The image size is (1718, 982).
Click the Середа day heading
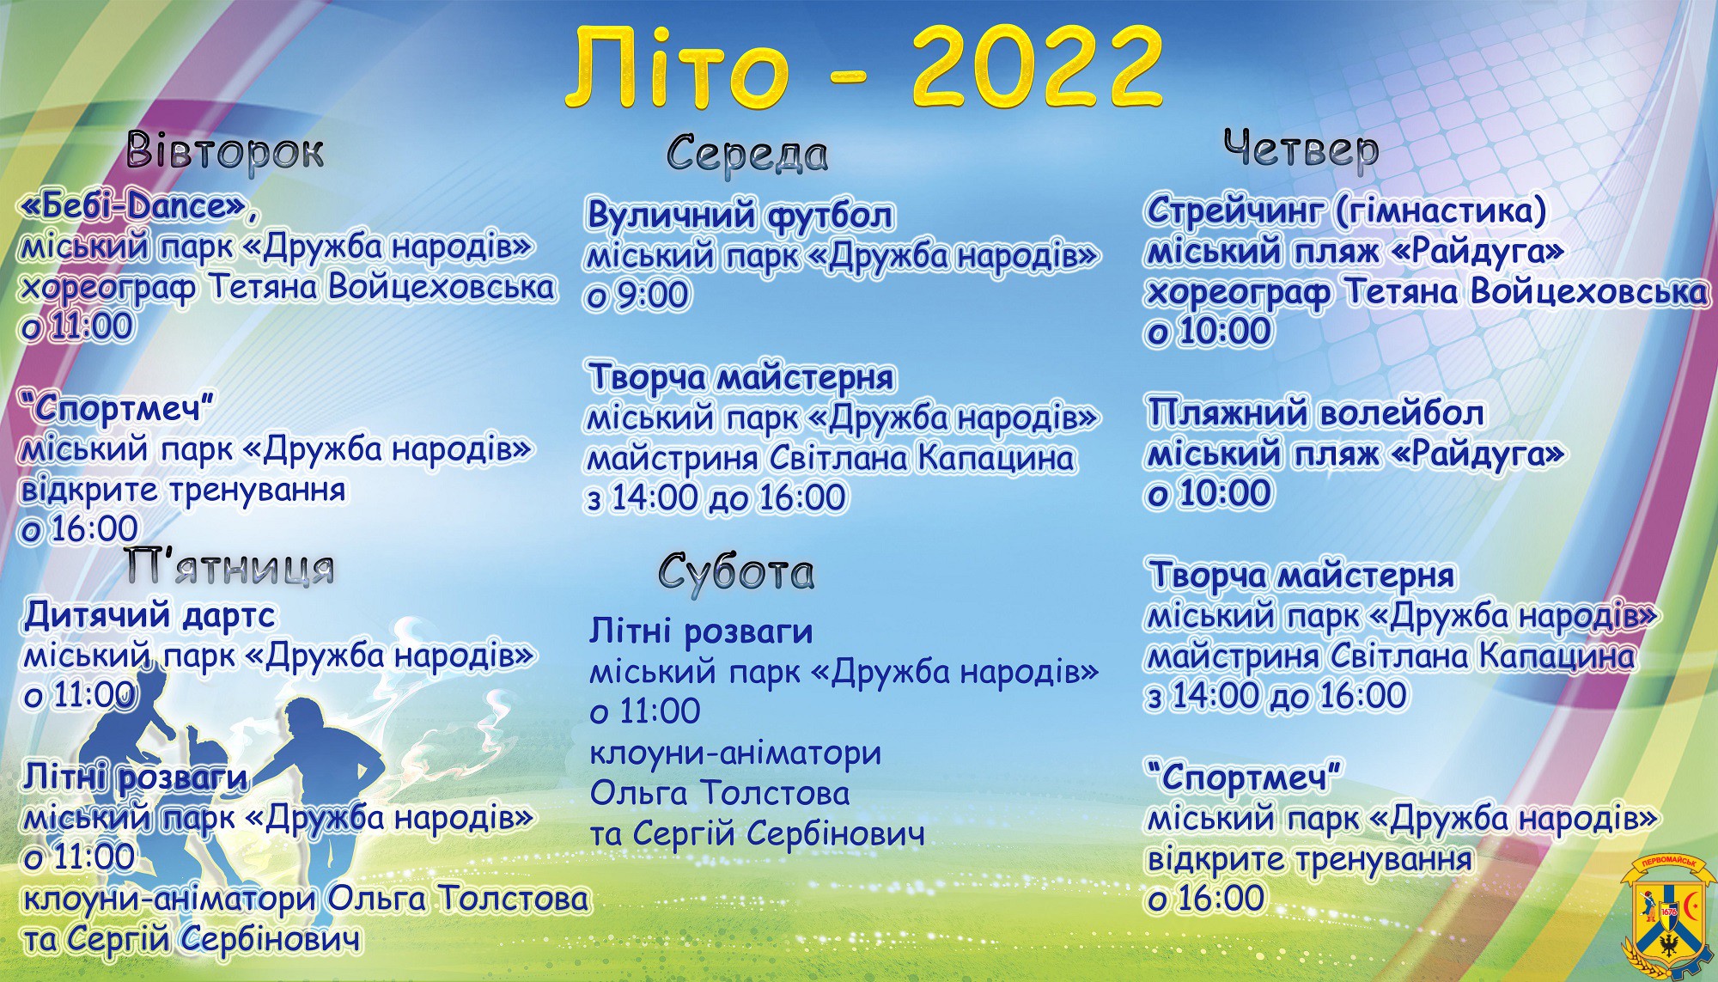(x=746, y=154)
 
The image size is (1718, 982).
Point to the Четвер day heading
(x=1301, y=149)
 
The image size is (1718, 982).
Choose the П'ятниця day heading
(x=229, y=567)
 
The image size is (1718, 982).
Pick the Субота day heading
(x=736, y=572)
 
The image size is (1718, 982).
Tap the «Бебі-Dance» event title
(x=139, y=207)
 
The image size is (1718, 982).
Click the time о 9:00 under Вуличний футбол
(x=637, y=295)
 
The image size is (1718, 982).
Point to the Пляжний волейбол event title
(x=1316, y=413)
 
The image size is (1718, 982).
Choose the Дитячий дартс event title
(x=149, y=615)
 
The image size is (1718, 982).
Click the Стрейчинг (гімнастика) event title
(x=1346, y=210)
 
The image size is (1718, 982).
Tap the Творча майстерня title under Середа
(x=740, y=377)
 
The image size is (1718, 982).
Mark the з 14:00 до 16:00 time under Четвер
(x=1277, y=695)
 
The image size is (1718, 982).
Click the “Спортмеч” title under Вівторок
(x=118, y=409)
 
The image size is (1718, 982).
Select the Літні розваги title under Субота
(x=701, y=631)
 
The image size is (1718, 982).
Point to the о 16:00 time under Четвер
(x=1206, y=899)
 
